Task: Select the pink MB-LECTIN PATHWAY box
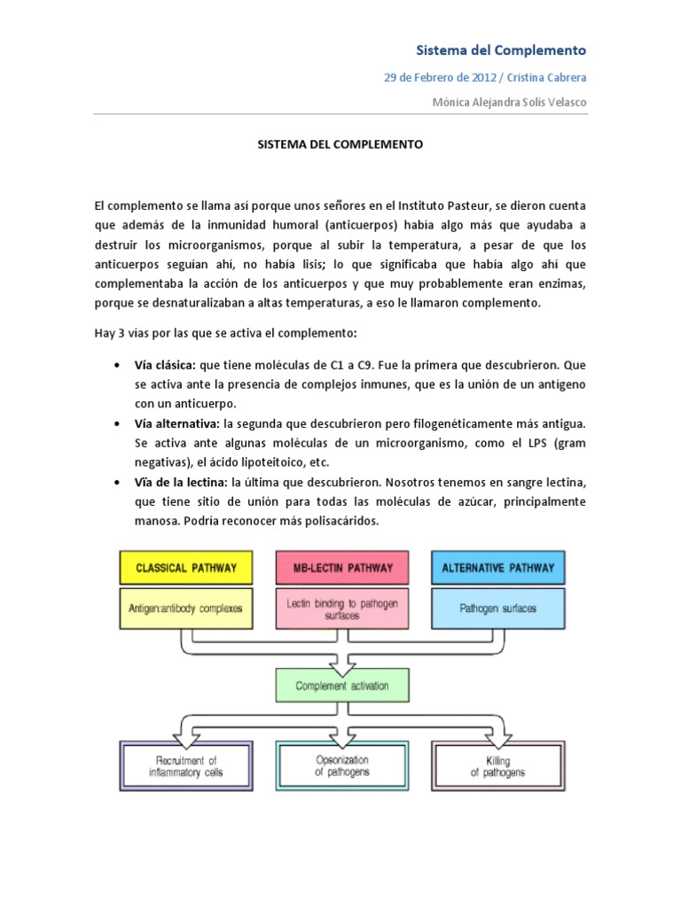click(x=341, y=567)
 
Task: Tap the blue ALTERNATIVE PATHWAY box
click(x=497, y=567)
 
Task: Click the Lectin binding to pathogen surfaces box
click(x=341, y=609)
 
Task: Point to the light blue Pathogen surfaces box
click(x=497, y=609)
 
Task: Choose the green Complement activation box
click(x=341, y=686)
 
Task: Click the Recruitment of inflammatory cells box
click(x=185, y=766)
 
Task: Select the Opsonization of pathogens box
click(x=342, y=766)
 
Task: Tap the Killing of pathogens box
click(x=497, y=766)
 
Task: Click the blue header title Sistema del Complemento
click(x=502, y=50)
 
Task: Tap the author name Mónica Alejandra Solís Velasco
click(x=509, y=102)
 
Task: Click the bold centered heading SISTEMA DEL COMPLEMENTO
click(x=340, y=143)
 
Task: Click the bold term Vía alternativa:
click(x=177, y=423)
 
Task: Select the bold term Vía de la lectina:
click(x=181, y=482)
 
